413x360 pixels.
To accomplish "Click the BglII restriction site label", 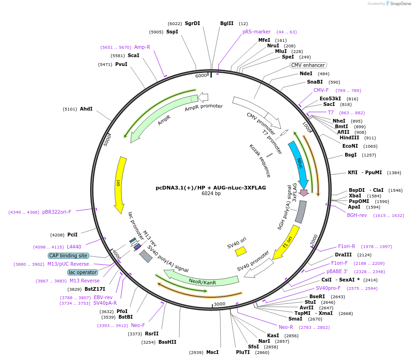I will tap(227, 23).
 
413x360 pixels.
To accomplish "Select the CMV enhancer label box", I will tap(308, 65).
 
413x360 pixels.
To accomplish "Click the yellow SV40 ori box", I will tap(241, 251).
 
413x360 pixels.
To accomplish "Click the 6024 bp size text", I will tap(211, 194).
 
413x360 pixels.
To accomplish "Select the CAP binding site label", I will tap(68, 255).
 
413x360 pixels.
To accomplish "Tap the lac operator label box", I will tap(83, 272).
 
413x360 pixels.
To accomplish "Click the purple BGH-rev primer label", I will tap(357, 215).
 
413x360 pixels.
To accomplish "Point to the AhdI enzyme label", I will tap(86, 109).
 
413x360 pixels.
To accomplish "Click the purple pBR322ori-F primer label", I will tap(57, 212).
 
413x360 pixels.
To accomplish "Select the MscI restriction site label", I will tap(212, 352).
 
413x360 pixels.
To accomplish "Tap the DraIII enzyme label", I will tap(343, 255).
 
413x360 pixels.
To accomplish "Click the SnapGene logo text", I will tap(400, 4).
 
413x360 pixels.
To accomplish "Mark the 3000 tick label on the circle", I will tap(219, 304).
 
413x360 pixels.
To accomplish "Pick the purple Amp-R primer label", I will tap(142, 47).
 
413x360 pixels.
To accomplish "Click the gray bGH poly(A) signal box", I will tap(301, 211).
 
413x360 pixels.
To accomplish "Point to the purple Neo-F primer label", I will tap(138, 325).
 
